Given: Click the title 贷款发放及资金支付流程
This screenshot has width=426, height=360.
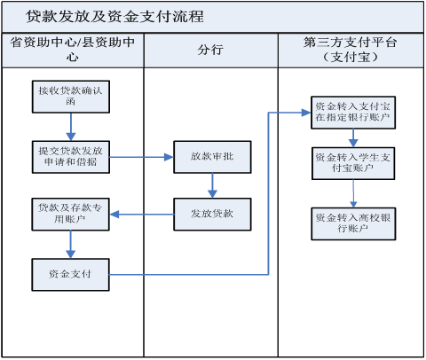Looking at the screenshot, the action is [x=114, y=17].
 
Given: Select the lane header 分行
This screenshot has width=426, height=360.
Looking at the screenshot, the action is [x=210, y=50].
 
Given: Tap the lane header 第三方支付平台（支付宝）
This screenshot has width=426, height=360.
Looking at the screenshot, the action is [x=350, y=50].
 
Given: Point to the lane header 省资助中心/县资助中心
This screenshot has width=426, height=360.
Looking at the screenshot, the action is [x=73, y=50].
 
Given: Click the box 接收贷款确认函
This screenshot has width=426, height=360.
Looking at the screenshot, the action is [x=71, y=97].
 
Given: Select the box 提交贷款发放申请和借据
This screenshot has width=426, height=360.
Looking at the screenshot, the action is [x=71, y=157].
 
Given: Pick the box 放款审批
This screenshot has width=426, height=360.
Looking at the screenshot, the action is [x=212, y=157].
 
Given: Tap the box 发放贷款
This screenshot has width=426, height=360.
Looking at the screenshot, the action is [x=212, y=215].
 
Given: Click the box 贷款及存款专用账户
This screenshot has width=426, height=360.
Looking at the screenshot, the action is [x=70, y=215].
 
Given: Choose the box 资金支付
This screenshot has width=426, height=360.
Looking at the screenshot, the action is [x=70, y=275].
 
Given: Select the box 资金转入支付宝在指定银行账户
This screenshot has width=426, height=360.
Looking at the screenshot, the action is [x=353, y=113].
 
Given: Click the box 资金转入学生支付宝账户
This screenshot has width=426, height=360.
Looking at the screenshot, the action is [x=353, y=163].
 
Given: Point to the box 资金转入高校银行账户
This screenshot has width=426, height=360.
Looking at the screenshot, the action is [x=353, y=223].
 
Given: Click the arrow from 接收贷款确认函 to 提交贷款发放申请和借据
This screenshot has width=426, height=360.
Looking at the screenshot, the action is [x=71, y=127].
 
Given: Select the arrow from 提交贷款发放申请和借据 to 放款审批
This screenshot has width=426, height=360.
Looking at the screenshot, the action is [x=142, y=157].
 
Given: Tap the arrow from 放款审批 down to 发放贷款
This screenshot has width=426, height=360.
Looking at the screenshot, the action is [x=212, y=185].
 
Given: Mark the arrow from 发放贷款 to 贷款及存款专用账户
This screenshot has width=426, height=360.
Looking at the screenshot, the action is [x=142, y=215].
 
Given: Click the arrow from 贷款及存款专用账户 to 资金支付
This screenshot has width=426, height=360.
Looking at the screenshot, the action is [x=70, y=245].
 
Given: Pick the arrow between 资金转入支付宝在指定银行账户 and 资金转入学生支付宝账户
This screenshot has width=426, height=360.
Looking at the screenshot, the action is [x=353, y=138].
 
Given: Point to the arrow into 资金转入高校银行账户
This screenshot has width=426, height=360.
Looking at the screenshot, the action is [x=353, y=193].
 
